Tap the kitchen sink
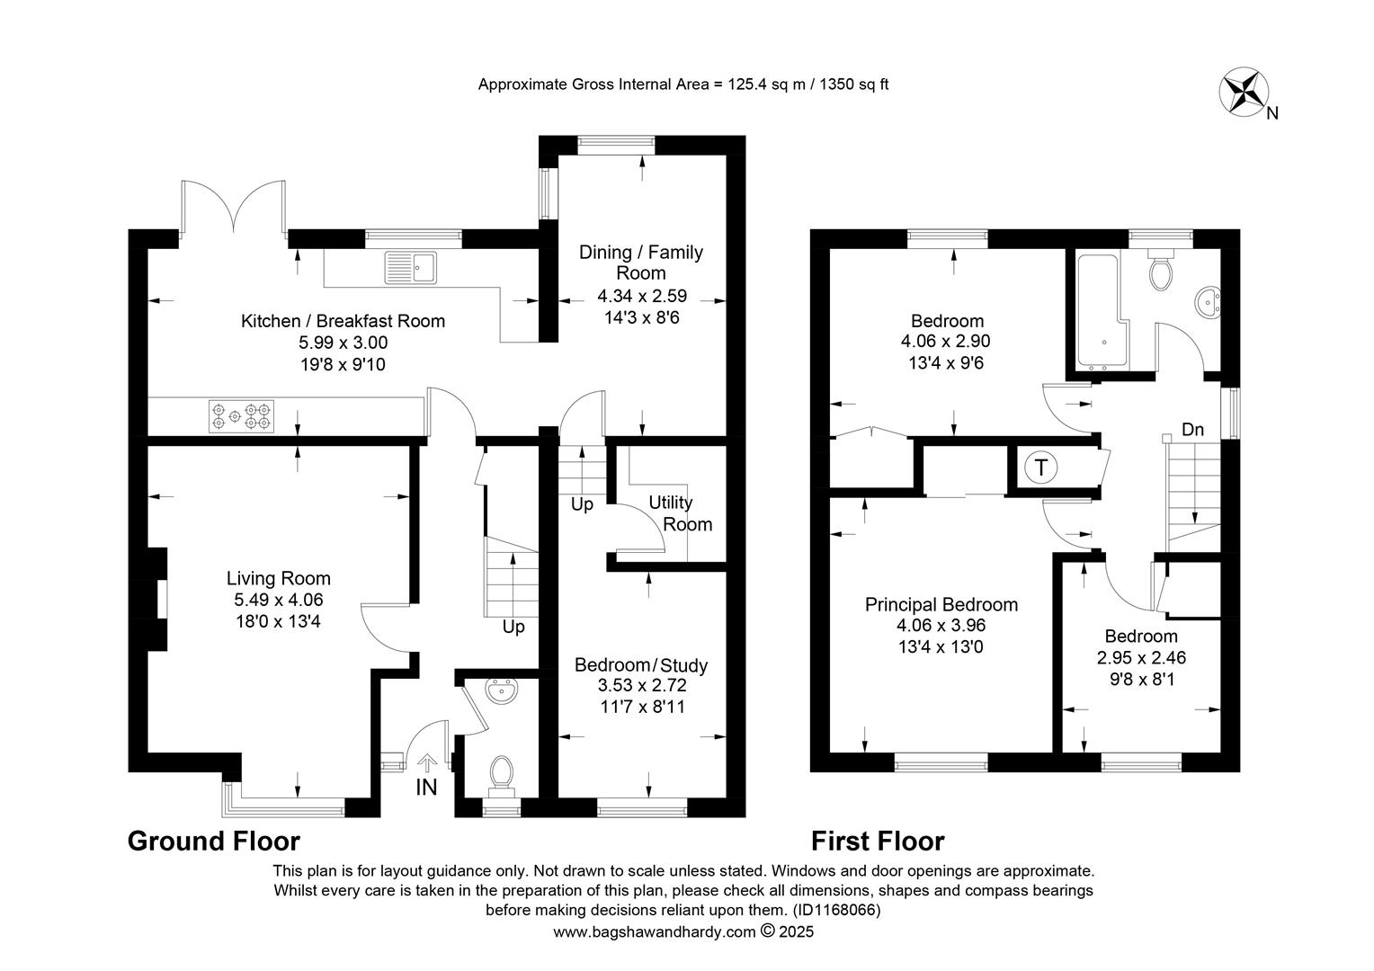(x=411, y=268)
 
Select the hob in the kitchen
(x=241, y=416)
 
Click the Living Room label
(x=279, y=578)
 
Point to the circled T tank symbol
(x=1041, y=468)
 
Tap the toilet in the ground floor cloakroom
(x=501, y=776)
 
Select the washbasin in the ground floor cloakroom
(x=503, y=692)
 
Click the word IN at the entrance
(x=426, y=788)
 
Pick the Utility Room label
(x=680, y=513)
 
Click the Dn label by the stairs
(x=1192, y=430)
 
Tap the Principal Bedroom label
(x=941, y=605)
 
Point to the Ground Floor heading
(x=213, y=841)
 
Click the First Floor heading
(x=878, y=841)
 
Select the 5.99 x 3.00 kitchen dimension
(x=343, y=343)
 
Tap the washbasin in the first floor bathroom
(x=1207, y=302)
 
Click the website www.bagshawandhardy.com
(x=655, y=932)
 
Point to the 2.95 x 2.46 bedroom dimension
(x=1141, y=657)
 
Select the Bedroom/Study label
(x=641, y=665)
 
